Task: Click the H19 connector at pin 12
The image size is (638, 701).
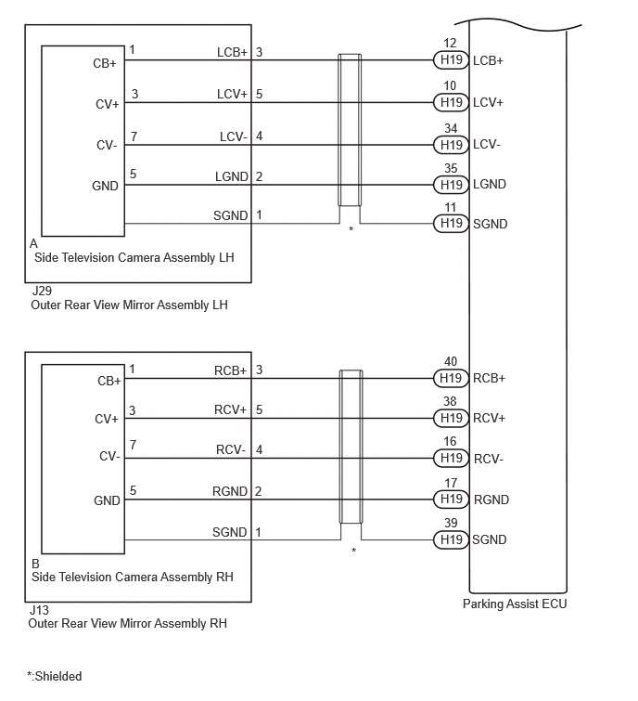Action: coord(451,60)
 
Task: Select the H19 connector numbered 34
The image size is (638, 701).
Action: coord(451,145)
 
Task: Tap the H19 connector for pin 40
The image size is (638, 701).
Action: coord(451,378)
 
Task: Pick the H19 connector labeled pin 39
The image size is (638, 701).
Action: coord(451,539)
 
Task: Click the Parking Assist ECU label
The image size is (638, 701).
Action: coord(515,604)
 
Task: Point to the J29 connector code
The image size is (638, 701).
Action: coord(42,291)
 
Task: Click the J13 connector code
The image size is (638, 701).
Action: coord(39,610)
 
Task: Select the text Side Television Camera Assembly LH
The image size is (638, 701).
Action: coord(134,257)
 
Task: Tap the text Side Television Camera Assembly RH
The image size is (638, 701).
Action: coord(133,577)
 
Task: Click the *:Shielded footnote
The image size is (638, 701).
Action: coord(54,676)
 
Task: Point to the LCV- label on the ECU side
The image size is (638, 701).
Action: coord(487,145)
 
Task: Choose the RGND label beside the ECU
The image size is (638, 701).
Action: coord(491,500)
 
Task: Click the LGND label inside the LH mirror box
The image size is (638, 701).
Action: coord(231,177)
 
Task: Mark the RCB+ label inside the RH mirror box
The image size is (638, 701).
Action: coord(230,371)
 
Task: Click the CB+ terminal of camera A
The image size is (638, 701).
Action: coord(105,63)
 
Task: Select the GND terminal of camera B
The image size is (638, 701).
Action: coord(107,500)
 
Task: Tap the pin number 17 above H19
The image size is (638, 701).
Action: coord(451,483)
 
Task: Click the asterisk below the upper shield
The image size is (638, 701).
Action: coord(351,229)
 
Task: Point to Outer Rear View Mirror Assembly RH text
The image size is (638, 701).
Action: coord(127,624)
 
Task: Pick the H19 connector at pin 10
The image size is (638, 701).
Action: coord(451,102)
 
